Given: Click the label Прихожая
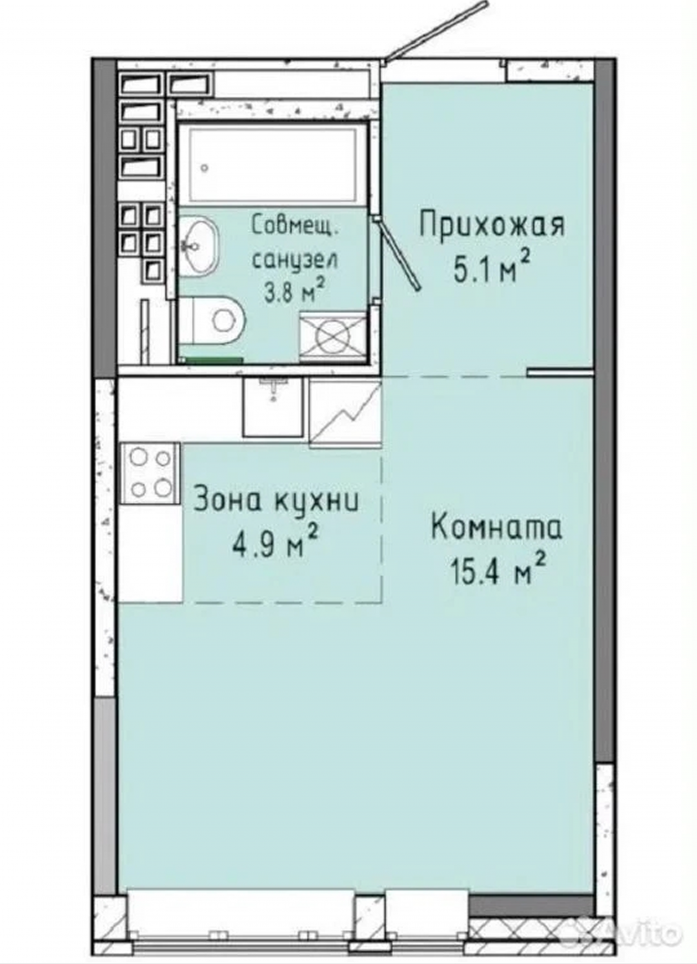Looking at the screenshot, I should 491,226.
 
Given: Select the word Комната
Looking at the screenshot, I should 496,528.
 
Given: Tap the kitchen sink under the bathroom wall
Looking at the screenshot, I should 273,407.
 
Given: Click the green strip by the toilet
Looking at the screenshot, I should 210,360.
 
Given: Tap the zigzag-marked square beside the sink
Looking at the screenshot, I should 346,413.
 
